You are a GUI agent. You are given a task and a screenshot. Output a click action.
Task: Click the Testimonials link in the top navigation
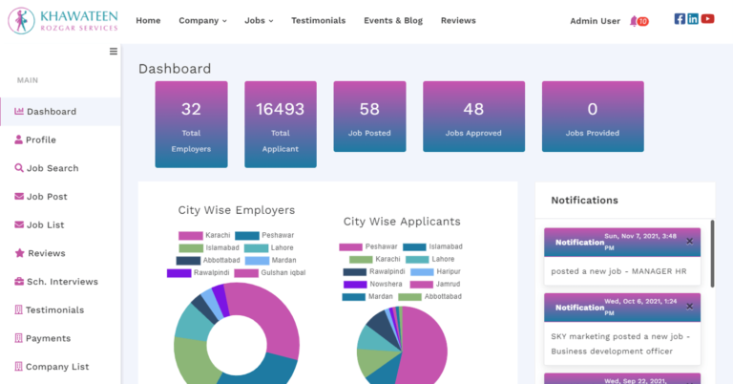tap(319, 20)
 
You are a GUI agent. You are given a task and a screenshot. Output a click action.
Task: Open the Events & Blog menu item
tap(393, 20)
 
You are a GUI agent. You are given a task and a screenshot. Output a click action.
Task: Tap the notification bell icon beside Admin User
tap(635, 21)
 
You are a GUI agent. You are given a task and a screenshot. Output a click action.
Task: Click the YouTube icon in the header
tap(707, 19)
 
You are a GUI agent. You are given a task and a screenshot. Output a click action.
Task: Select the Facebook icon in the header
tap(680, 19)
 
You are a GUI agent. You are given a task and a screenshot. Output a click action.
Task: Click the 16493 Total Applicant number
tap(280, 109)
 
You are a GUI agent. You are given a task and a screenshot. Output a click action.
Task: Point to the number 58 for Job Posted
tap(369, 109)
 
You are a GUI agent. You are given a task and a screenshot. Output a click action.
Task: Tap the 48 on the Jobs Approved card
tap(473, 109)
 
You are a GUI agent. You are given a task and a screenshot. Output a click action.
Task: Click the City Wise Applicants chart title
tap(402, 222)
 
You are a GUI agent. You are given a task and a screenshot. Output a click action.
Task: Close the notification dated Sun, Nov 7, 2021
tap(689, 241)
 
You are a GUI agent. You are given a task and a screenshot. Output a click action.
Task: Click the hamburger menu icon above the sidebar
tap(114, 52)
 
